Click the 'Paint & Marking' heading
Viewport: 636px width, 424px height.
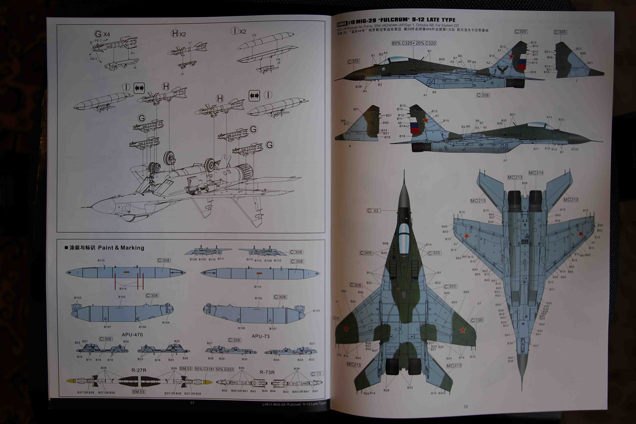pyautogui.click(x=121, y=248)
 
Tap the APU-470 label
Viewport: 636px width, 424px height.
pyautogui.click(x=132, y=335)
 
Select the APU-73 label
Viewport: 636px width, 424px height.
pyautogui.click(x=260, y=336)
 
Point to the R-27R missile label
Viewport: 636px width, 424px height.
pyautogui.click(x=139, y=370)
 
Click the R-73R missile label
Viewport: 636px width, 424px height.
pyautogui.click(x=267, y=372)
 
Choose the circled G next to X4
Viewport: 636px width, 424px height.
pyautogui.click(x=98, y=34)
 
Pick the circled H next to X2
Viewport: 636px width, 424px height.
pyautogui.click(x=175, y=34)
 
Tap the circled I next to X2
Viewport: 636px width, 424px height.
pyautogui.click(x=235, y=31)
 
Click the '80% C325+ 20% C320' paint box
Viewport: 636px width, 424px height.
pyautogui.click(x=414, y=43)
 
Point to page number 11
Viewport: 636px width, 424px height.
pyautogui.click(x=192, y=403)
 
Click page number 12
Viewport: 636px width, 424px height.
pyautogui.click(x=466, y=406)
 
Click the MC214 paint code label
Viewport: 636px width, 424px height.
pyautogui.click(x=536, y=173)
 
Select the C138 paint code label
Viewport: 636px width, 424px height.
pyautogui.click(x=477, y=320)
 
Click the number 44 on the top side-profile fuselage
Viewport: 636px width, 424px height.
pyautogui.click(x=430, y=82)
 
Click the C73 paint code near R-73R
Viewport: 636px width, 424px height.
pyautogui.click(x=316, y=374)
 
